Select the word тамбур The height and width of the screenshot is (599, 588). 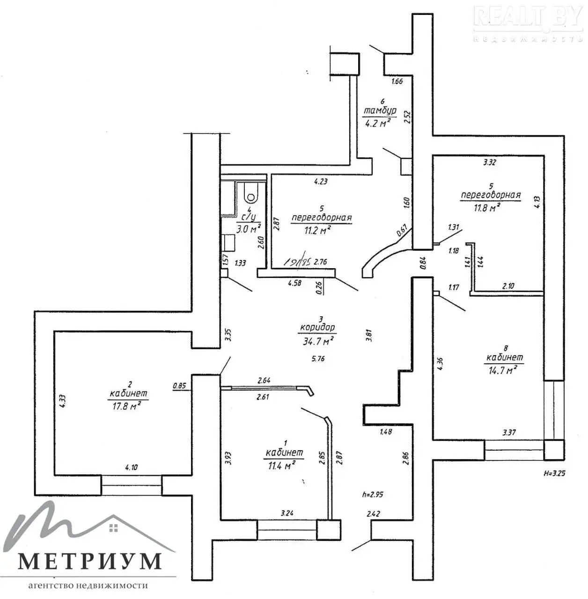380,111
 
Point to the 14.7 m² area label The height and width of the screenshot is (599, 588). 501,370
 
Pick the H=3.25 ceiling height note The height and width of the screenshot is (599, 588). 555,473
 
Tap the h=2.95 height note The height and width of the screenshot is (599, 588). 373,494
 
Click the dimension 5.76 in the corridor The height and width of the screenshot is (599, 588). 318,359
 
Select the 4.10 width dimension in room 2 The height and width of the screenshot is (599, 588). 132,467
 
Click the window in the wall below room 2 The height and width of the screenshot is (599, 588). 132,485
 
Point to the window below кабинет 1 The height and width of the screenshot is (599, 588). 287,528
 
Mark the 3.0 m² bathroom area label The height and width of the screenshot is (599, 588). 248,229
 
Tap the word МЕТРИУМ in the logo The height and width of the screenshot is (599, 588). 90,561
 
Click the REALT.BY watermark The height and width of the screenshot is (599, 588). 528,17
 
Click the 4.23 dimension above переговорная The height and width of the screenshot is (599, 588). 321,182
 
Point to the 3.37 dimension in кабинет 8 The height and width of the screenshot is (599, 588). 509,432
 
